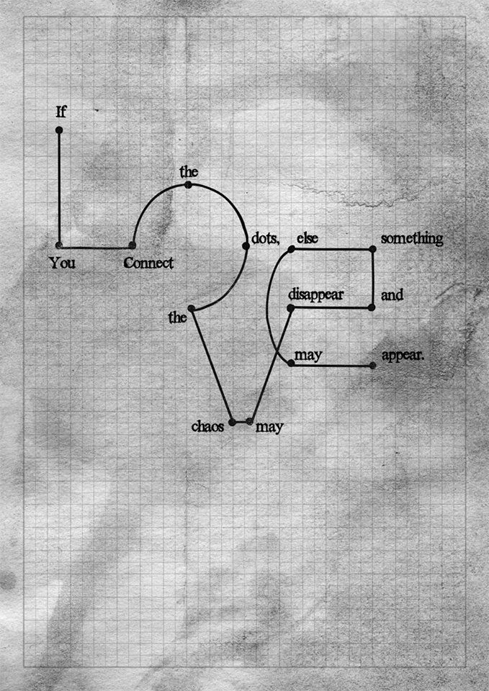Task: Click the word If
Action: (x=61, y=112)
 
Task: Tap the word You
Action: (x=62, y=263)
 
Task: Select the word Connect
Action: (x=148, y=263)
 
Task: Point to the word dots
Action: (x=265, y=239)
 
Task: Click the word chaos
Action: (x=208, y=426)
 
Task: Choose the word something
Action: (x=411, y=239)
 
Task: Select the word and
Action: (x=392, y=295)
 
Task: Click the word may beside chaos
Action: (x=270, y=427)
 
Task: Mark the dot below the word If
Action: (x=59, y=130)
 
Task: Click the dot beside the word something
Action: (x=373, y=249)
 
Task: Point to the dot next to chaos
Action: (x=232, y=422)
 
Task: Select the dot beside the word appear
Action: (x=372, y=366)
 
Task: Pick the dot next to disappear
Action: (x=291, y=308)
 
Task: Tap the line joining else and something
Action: (x=332, y=249)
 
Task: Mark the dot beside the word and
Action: (x=372, y=307)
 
